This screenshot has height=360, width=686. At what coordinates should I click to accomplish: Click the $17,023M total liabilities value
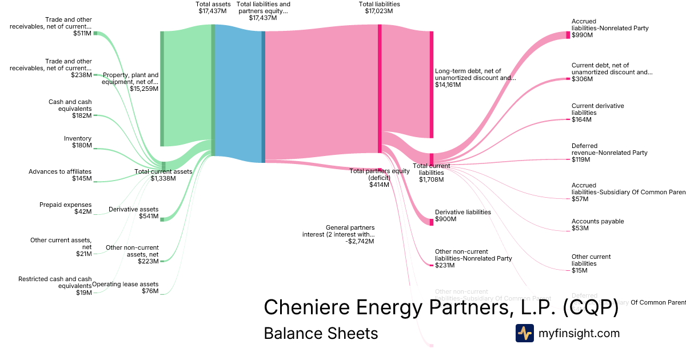pyautogui.click(x=379, y=11)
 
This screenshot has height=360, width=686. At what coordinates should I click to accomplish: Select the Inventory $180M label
pyautogui.click(x=78, y=142)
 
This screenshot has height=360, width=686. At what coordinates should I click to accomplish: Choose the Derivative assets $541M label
pyautogui.click(x=133, y=213)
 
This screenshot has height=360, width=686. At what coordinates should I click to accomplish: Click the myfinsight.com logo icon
pyautogui.click(x=524, y=333)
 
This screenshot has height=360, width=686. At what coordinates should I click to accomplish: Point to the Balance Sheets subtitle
pyautogui.click(x=321, y=333)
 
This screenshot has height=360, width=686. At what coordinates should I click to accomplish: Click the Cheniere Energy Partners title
pyautogui.click(x=440, y=307)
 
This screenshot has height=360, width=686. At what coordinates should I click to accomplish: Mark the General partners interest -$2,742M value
pyautogui.click(x=360, y=242)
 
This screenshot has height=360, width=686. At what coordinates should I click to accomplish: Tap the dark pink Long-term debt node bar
pyautogui.click(x=432, y=85)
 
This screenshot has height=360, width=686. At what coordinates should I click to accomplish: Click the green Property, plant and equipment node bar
pyautogui.click(x=162, y=89)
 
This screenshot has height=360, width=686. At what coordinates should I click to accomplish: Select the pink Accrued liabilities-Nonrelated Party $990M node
pyautogui.click(x=568, y=35)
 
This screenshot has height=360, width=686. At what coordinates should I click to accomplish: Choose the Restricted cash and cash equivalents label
pyautogui.click(x=55, y=286)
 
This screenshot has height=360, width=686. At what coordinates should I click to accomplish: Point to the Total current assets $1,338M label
pyautogui.click(x=163, y=175)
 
